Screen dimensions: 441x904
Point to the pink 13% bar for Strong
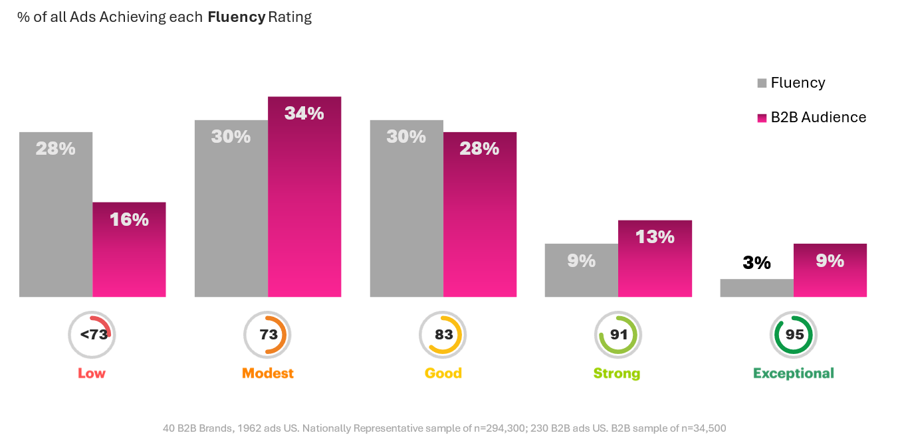tap(655, 258)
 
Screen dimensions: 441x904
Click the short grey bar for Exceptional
tap(756, 288)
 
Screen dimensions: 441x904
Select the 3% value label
tap(756, 263)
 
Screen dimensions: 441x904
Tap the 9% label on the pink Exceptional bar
tap(830, 261)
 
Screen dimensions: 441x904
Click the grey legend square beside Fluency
tap(762, 84)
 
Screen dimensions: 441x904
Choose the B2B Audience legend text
tap(818, 118)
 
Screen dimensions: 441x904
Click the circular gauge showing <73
tap(92, 335)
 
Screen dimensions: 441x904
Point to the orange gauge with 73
tap(268, 335)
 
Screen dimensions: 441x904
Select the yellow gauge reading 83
tap(443, 335)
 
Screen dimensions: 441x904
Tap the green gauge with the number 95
tap(794, 335)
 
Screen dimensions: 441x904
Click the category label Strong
tap(617, 373)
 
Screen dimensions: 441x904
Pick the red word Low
tap(92, 373)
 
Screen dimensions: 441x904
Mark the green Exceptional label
tap(794, 373)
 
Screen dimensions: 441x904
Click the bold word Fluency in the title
tap(236, 17)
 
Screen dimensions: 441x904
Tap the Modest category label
tap(268, 373)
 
